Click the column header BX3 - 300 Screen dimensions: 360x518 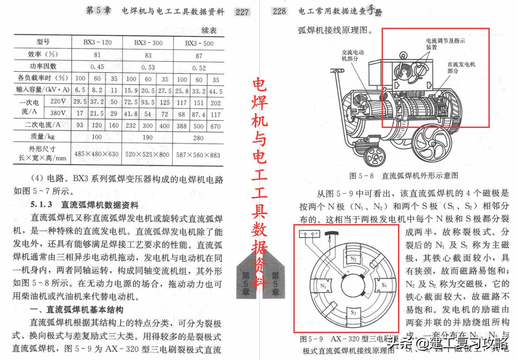pos(148,43)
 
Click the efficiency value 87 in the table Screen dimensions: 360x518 pos(199,56)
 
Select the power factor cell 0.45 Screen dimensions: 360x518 pos(97,67)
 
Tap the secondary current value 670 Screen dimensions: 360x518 pos(215,126)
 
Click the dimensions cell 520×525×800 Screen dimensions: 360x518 pos(148,154)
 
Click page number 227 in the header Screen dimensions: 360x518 pos(242,12)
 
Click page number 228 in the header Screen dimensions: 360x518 pos(279,12)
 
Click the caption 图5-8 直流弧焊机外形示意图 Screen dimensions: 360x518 pos(403,176)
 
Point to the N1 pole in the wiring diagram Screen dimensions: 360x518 pos(324,286)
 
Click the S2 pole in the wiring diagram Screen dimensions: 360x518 pos(353,312)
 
